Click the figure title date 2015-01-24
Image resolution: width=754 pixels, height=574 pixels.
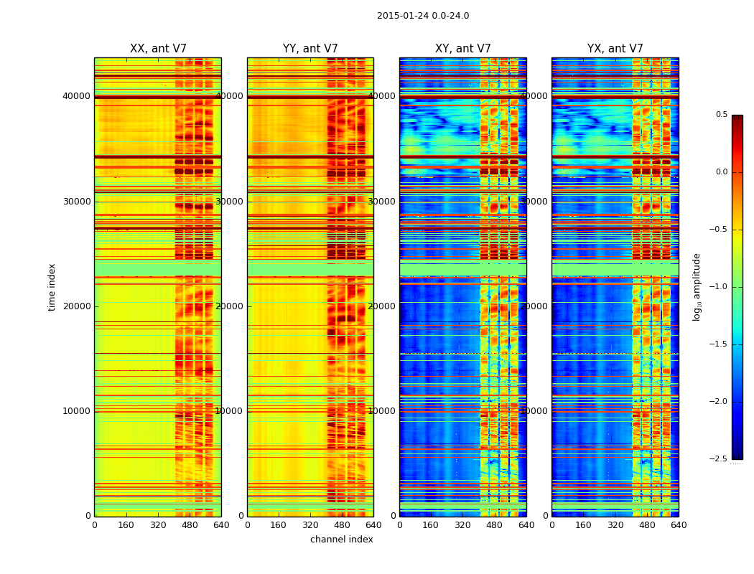tap(403, 16)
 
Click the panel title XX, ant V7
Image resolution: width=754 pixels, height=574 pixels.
tap(158, 49)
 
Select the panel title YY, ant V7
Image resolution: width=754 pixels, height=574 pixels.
tap(310, 49)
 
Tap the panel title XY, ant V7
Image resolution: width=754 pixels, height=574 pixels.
tap(463, 49)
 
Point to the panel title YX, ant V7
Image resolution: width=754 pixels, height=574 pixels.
tap(615, 49)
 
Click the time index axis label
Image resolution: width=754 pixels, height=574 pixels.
tap(52, 287)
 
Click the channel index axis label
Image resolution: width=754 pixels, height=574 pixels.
tap(342, 540)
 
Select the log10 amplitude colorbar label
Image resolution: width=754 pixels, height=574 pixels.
tap(697, 287)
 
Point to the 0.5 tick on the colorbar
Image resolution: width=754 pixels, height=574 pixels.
tap(721, 115)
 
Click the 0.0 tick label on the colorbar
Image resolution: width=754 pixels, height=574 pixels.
tap(721, 172)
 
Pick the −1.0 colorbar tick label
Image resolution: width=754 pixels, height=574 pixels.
tap(720, 287)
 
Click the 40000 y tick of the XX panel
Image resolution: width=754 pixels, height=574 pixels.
tap(77, 96)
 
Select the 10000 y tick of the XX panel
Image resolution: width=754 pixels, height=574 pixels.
tap(77, 411)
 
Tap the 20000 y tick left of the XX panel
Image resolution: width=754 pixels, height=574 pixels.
tap(77, 306)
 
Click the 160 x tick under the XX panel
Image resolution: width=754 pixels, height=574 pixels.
tap(126, 525)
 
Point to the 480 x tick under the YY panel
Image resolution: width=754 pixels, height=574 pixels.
tap(342, 525)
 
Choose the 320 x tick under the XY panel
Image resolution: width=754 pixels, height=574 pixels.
tap(463, 525)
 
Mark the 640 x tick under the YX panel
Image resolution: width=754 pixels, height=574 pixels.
tap(679, 525)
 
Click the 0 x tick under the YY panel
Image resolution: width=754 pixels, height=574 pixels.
tap(247, 525)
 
